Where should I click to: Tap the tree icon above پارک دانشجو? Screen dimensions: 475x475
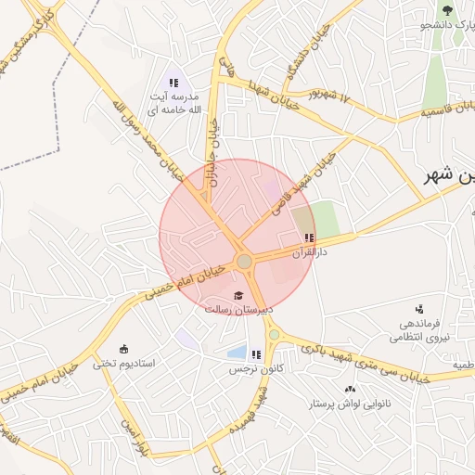[x=447, y=11]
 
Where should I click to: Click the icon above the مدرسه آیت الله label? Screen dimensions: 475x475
[x=173, y=83]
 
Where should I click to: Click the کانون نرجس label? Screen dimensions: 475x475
[x=255, y=368]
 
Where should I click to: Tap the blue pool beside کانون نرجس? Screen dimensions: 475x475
[x=237, y=353]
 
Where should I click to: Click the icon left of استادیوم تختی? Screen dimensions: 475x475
[x=124, y=349]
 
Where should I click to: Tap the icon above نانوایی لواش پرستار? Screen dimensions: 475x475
[x=350, y=389]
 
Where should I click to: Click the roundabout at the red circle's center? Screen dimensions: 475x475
[x=244, y=263]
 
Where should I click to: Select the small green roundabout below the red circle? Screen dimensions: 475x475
[x=274, y=334]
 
